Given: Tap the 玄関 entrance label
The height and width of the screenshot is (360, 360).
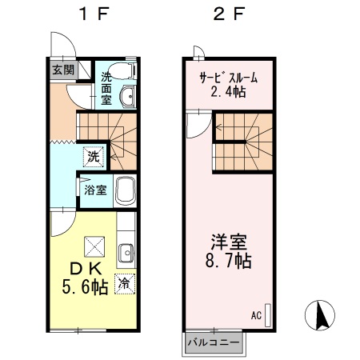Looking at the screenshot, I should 63,70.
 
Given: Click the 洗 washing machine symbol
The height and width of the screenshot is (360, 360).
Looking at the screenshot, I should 94,157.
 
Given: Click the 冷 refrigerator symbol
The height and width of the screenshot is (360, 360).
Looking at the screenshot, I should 125,282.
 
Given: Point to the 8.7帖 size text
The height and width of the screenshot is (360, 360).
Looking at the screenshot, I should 228,262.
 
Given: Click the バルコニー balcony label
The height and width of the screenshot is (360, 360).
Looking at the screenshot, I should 212,342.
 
